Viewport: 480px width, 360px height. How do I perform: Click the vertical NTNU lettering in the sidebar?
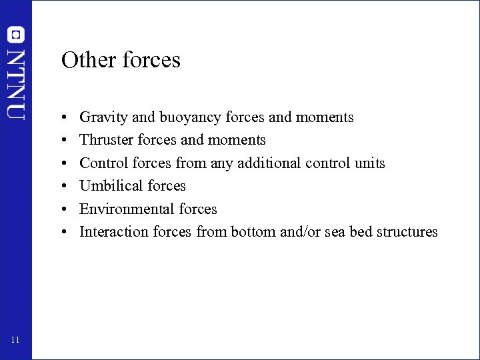tap(16, 84)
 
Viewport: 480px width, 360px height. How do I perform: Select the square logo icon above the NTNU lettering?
tap(16, 35)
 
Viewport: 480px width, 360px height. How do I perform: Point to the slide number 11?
tap(16, 341)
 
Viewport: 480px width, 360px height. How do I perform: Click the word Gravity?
tap(103, 117)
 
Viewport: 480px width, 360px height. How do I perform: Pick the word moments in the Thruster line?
tap(237, 140)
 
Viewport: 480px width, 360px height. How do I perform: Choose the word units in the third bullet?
tap(369, 163)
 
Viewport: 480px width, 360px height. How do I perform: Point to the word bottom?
tap(249, 232)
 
